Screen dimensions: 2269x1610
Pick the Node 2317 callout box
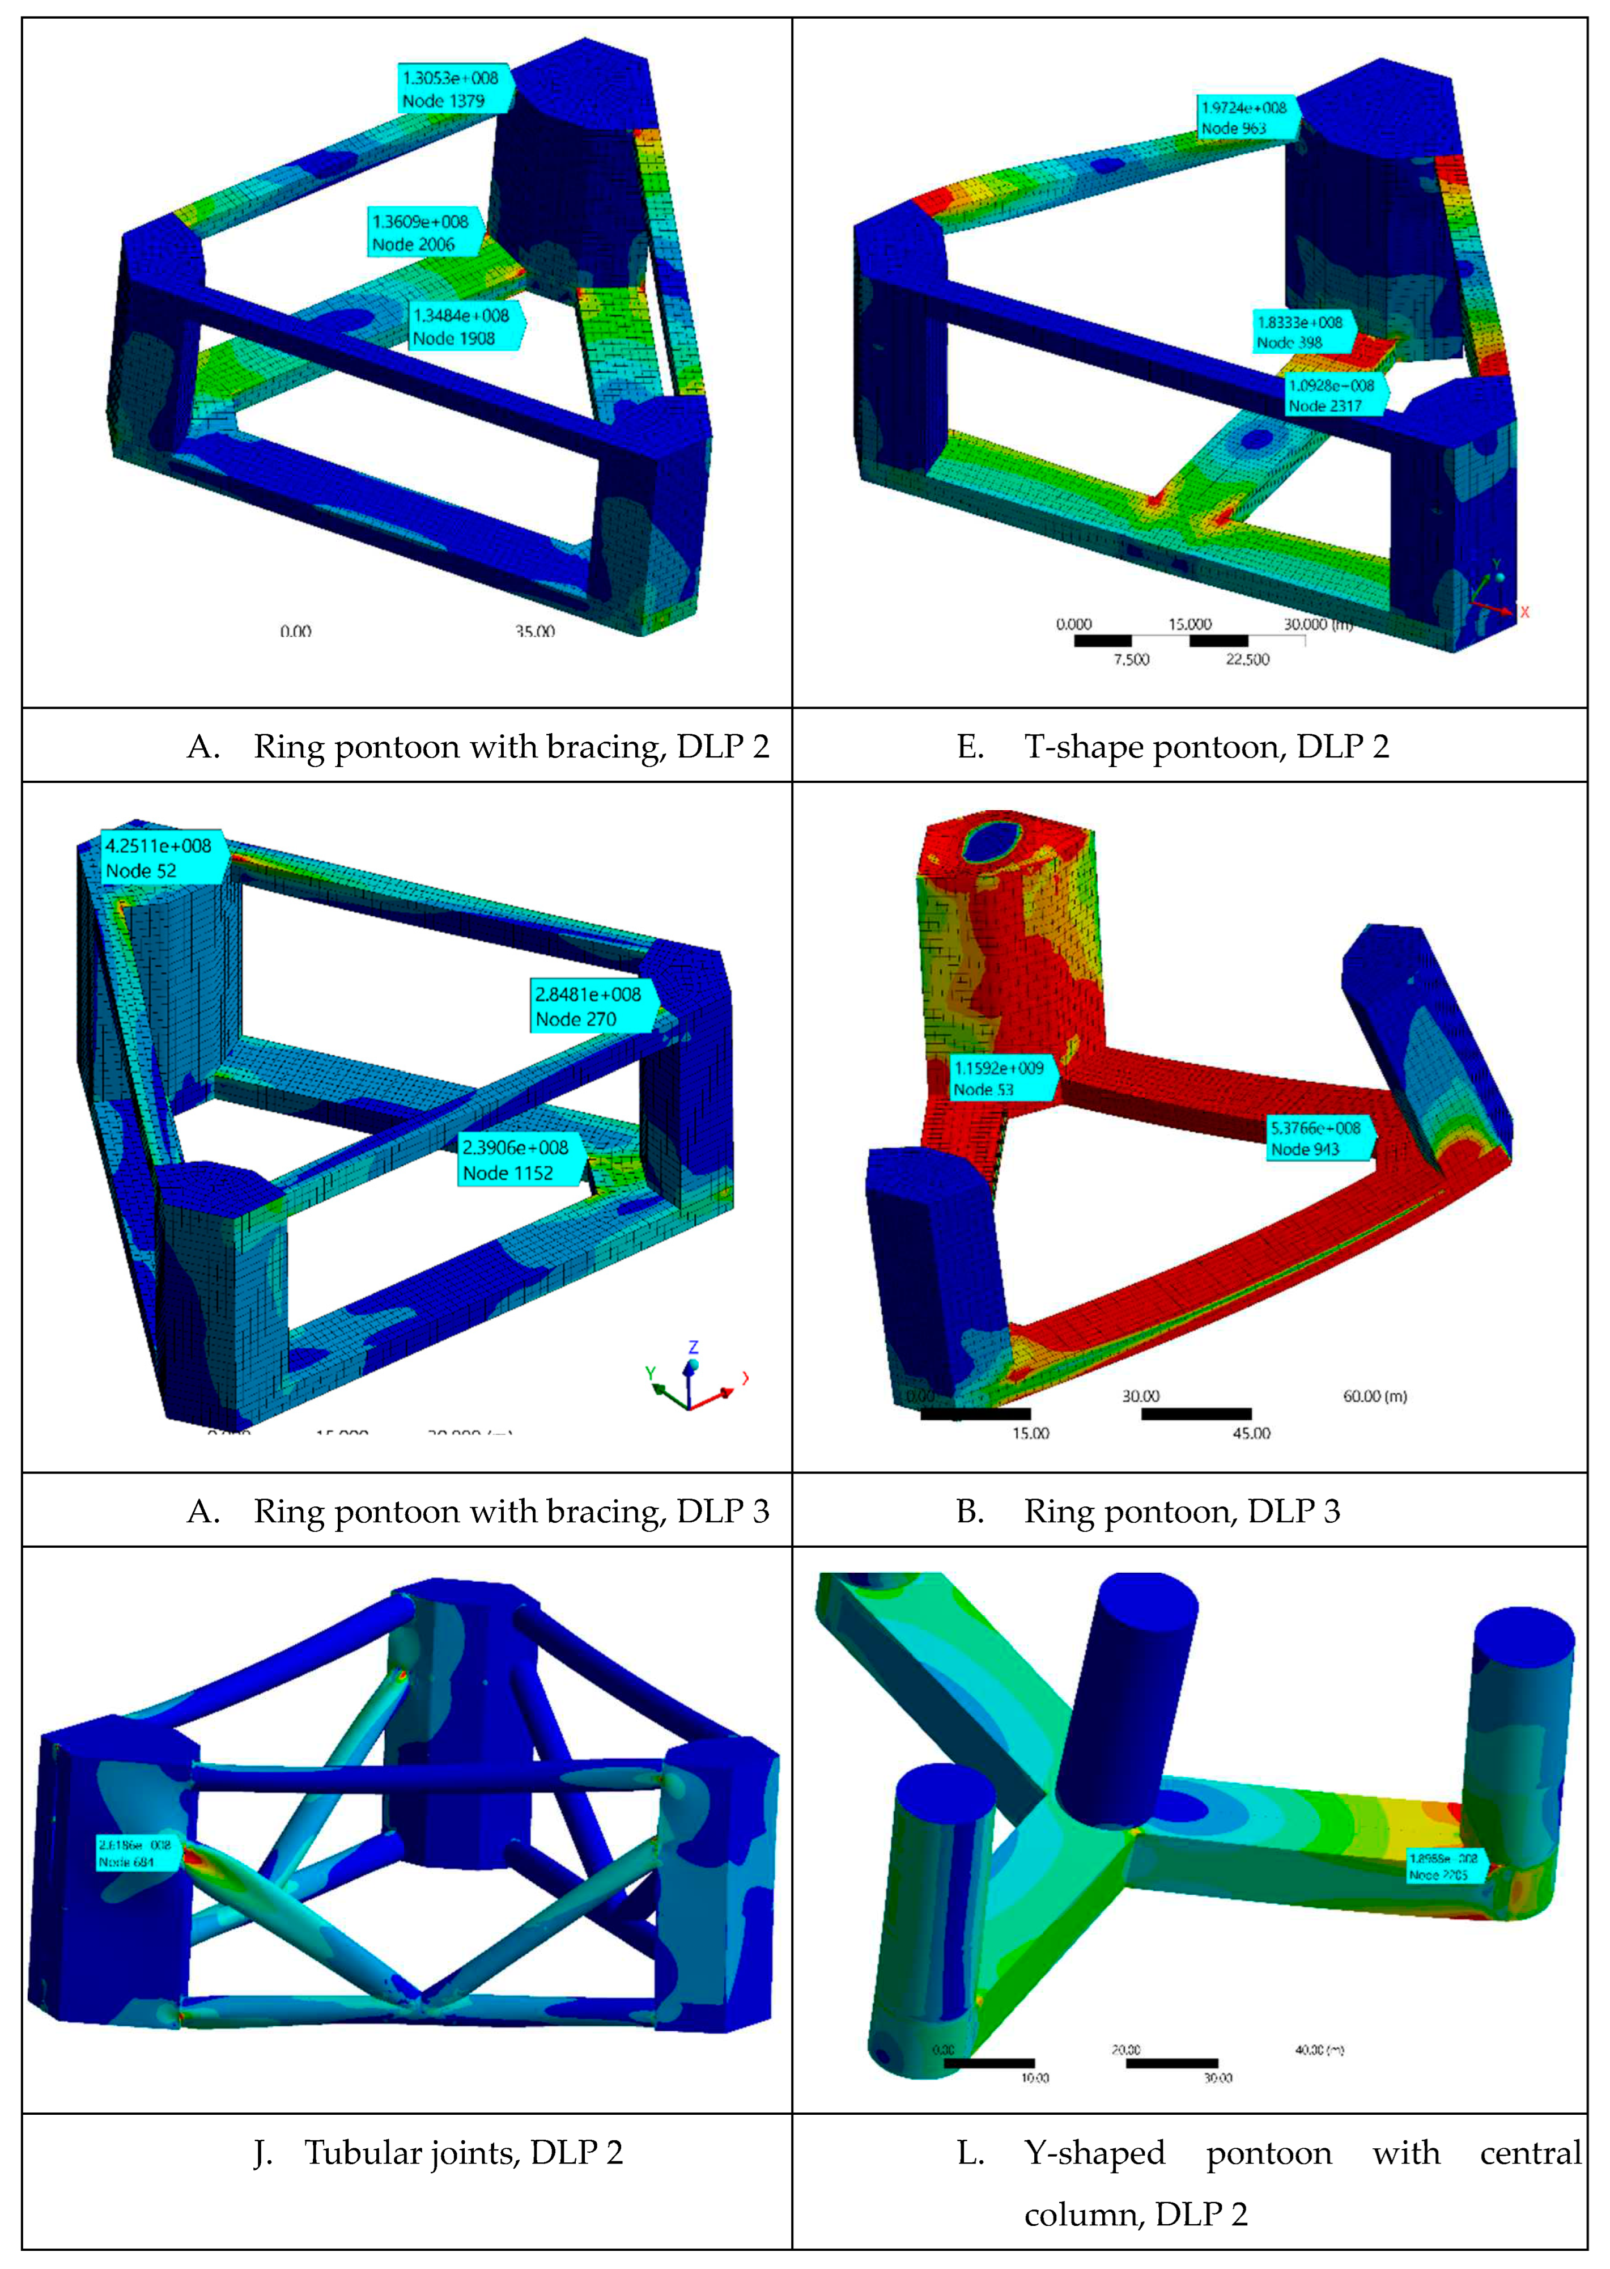click(x=1332, y=396)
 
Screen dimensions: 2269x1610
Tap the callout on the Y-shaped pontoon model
click(x=1445, y=1866)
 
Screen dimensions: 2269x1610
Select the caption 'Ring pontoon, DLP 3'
click(x=1181, y=1512)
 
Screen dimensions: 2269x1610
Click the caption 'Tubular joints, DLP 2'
click(x=463, y=2153)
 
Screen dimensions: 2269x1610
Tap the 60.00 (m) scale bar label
click(x=1374, y=1396)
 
